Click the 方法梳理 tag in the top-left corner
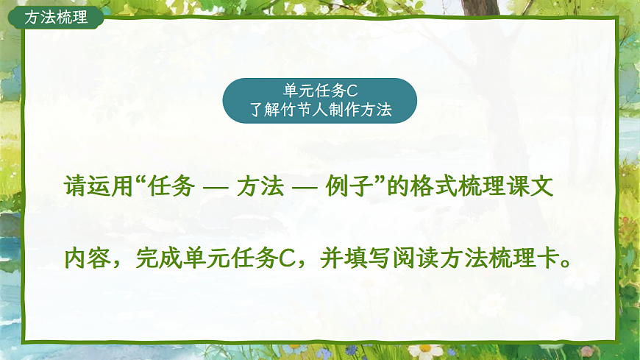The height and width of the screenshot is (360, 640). [56, 17]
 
